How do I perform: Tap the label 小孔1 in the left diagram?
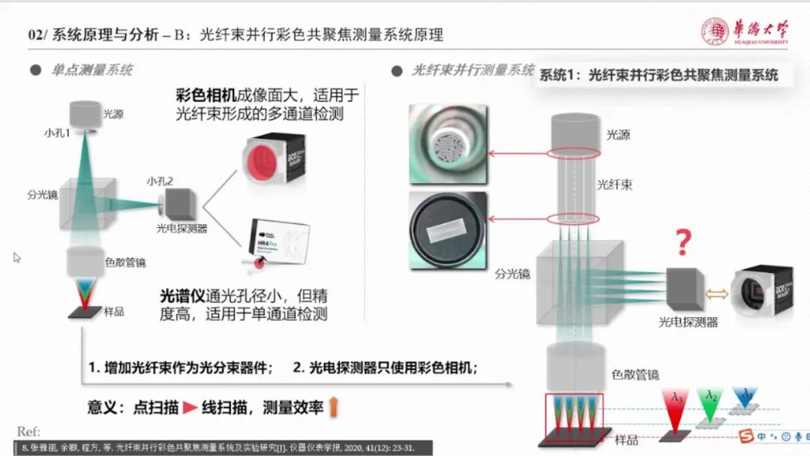57,133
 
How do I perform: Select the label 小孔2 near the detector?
160,181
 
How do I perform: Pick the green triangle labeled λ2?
709,402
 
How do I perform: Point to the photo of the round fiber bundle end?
448,143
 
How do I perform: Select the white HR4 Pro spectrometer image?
275,240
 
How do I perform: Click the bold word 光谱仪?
180,295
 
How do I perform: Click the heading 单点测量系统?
91,70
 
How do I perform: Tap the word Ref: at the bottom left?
28,432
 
